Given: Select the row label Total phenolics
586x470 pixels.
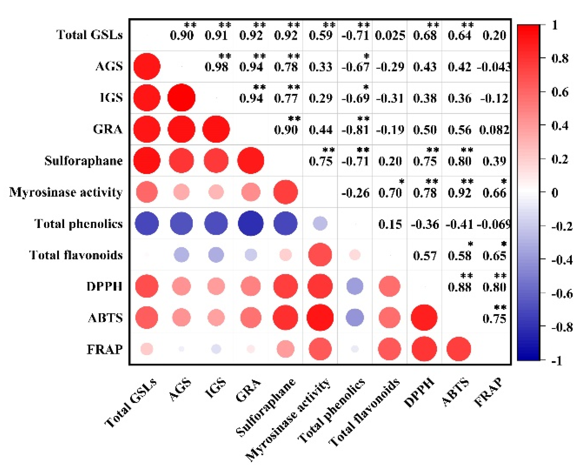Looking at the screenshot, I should click(78, 224).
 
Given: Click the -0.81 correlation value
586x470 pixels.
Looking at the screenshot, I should click(355, 130).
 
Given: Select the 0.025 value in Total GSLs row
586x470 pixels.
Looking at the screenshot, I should click(390, 35).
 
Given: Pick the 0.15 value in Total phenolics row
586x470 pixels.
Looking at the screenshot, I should click(390, 224).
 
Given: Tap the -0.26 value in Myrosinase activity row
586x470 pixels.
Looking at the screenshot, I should click(355, 193).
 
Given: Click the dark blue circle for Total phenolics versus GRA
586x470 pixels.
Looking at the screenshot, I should click(251, 223).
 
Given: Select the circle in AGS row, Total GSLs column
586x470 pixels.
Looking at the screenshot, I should click(147, 66).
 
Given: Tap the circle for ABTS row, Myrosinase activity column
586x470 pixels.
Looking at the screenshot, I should click(320, 318).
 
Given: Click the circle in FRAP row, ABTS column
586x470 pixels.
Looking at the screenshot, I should click(459, 349).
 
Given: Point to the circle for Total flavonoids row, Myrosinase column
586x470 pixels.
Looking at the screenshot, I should click(320, 255).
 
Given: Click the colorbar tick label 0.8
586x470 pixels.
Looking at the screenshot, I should click(560, 58).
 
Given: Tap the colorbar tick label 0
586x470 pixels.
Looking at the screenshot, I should click(555, 193).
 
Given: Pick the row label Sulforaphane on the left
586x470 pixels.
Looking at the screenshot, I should click(84, 161).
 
